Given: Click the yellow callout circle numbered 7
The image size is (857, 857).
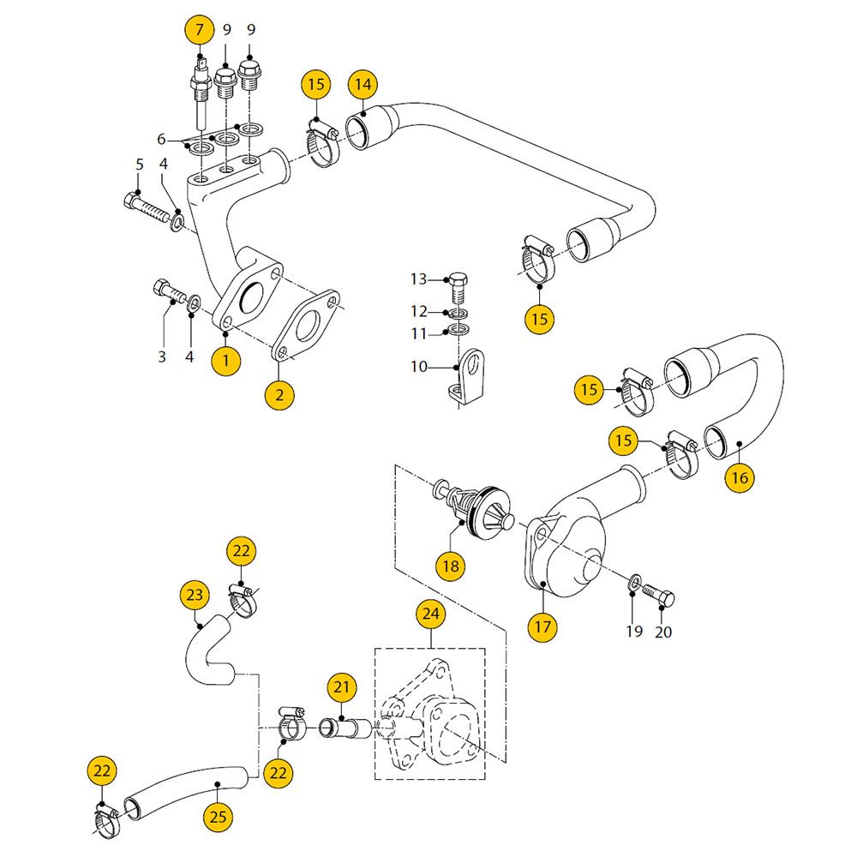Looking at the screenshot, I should click(200, 31).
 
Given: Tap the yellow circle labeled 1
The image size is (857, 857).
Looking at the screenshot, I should click(225, 361).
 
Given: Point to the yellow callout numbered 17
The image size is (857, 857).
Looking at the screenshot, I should click(543, 626).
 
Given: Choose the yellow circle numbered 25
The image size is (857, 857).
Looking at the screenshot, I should click(219, 817).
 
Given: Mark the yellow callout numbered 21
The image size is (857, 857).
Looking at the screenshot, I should click(342, 686).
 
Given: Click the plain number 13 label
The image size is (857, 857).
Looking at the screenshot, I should click(418, 279).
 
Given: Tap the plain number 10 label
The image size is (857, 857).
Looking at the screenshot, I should click(418, 367).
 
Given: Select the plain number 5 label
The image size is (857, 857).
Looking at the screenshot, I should click(139, 164).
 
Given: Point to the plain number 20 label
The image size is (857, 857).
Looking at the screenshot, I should click(663, 632).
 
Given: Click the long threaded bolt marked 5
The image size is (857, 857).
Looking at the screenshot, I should click(151, 208).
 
